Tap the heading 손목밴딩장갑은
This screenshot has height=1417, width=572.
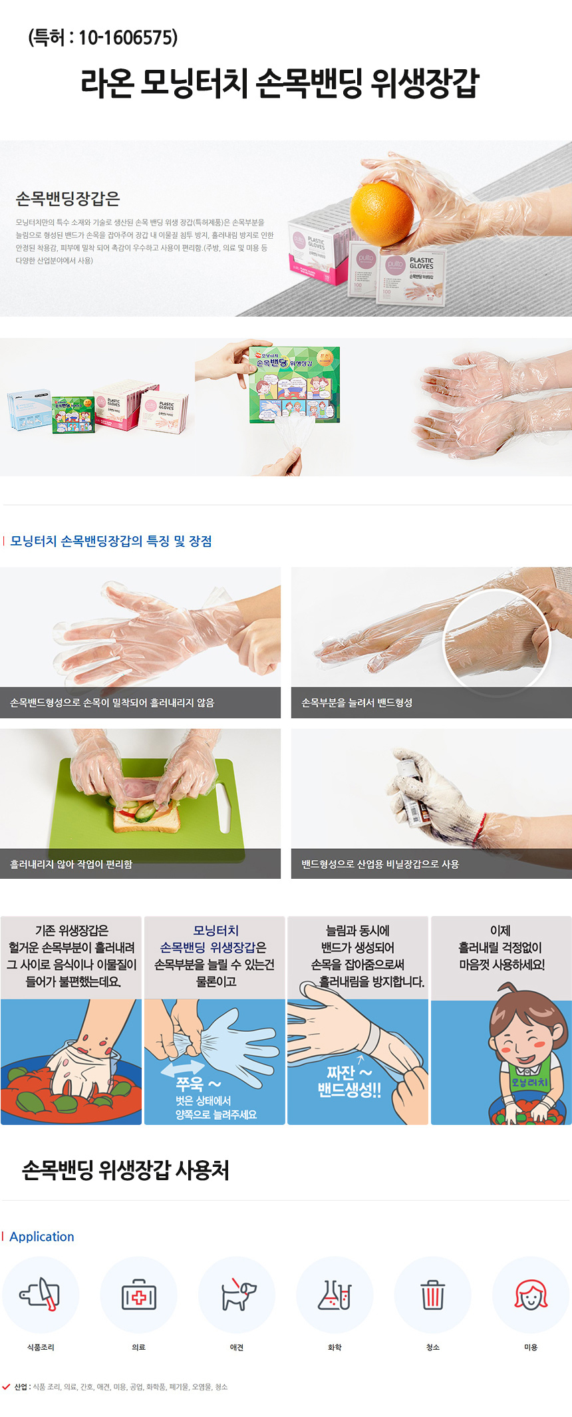point(68,199)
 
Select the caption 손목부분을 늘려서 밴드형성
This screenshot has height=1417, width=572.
point(357,703)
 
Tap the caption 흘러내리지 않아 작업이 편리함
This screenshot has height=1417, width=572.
point(71,864)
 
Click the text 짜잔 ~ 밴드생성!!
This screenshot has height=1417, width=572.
point(349,1081)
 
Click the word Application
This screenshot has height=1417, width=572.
point(42,1237)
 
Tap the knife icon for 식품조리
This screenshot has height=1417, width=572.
point(41,1295)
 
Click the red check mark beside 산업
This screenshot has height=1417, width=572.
point(6,1387)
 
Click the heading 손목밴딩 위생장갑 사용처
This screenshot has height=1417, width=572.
point(126,1170)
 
